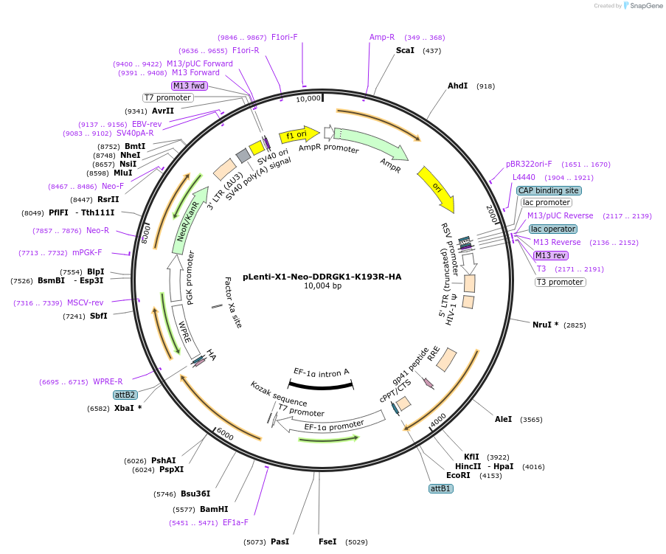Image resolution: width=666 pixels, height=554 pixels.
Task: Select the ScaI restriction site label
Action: tap(405, 50)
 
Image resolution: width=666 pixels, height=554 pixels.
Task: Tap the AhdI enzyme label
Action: tap(457, 86)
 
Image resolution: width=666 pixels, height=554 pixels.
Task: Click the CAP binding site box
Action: tap(548, 190)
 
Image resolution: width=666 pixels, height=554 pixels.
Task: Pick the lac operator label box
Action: tap(552, 229)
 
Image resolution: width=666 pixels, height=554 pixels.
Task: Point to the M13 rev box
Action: tap(551, 255)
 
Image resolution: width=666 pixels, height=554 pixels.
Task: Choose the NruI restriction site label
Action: tap(545, 325)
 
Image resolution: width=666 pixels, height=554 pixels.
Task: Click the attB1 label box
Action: tap(440, 488)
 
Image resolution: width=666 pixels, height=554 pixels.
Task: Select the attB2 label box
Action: tap(125, 395)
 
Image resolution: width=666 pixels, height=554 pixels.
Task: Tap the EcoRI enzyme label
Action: tap(458, 476)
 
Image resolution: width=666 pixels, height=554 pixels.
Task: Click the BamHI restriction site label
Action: tap(213, 509)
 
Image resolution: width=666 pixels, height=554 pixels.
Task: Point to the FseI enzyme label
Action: tap(327, 541)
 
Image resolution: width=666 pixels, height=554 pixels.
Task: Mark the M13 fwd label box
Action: tap(189, 86)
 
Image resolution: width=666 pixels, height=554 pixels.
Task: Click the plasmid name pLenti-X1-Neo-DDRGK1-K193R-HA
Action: tap(322, 277)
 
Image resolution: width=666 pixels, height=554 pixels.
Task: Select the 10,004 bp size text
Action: tap(322, 286)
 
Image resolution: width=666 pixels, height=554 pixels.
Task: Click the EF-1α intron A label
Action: tap(321, 372)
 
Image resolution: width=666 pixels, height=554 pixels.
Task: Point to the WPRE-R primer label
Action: tap(108, 381)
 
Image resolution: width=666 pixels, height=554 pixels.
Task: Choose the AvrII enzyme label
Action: tap(163, 111)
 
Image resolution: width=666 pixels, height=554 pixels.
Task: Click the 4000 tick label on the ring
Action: tap(438, 419)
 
